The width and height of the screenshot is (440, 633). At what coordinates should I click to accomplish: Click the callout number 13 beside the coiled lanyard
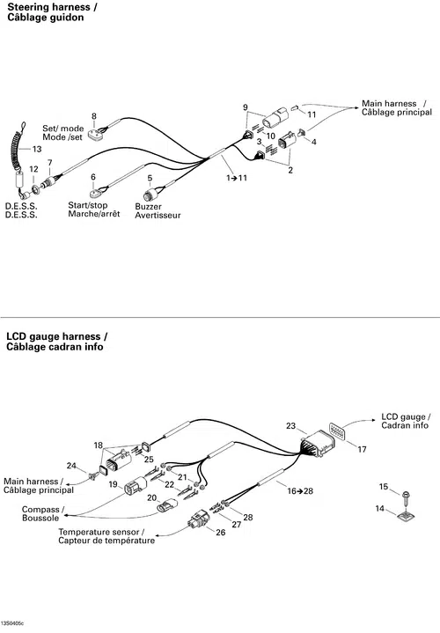coord(37,149)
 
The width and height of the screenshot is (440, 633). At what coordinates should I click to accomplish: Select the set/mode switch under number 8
coord(96,134)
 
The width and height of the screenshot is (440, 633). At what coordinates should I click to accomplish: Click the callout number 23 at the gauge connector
coord(291,426)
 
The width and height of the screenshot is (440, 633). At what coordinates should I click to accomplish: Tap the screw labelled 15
coord(406,497)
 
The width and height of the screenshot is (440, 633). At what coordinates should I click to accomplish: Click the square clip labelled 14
coord(406,515)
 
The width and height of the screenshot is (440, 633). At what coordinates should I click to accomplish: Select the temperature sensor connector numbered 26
coord(198,520)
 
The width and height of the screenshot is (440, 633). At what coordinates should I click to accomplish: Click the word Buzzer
coord(148,206)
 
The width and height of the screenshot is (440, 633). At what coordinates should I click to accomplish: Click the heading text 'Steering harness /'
coord(52,7)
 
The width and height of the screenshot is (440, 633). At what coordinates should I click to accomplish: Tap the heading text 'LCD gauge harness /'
coord(57,336)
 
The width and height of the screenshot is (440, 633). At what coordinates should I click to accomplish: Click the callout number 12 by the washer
coord(33,169)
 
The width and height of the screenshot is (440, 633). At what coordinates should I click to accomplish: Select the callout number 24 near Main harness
coord(71,466)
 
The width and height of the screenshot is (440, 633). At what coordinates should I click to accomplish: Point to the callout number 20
coord(151,497)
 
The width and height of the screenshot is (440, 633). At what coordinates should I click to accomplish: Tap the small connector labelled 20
coord(166,505)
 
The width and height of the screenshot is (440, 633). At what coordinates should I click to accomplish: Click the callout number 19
coord(113,484)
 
